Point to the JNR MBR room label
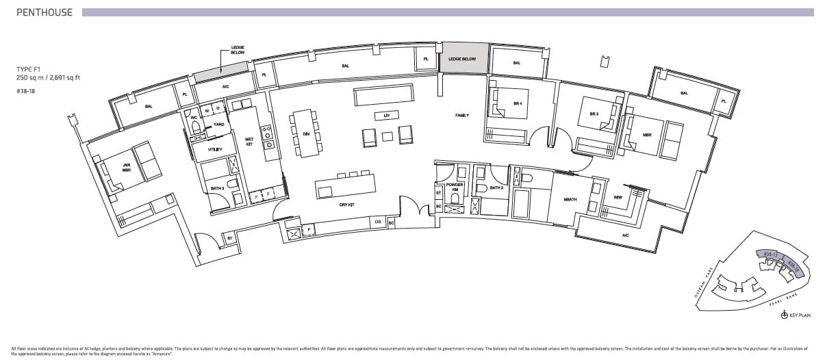pos(126,167)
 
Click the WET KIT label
pos(249,141)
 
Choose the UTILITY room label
pos(215,149)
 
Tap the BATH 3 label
pos(218,188)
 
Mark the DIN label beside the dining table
pos(306,134)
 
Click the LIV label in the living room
pos(386,115)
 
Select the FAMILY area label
pos(462,116)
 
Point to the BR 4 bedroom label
pos(518,103)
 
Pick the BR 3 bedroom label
pos(594,114)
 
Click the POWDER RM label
pos(455,188)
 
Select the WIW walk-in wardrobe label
pos(618,197)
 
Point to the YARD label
pos(218,125)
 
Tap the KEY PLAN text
pos(799,316)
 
